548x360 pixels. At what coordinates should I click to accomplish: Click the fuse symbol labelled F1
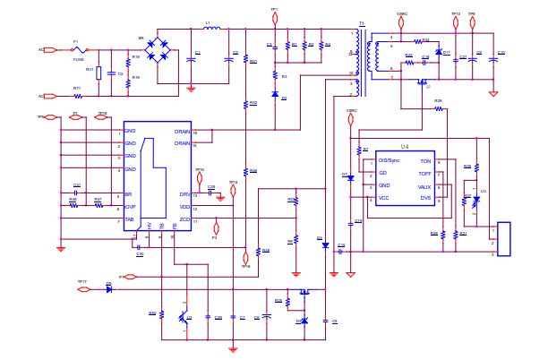click(78, 50)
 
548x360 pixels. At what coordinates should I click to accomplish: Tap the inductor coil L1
click(211, 29)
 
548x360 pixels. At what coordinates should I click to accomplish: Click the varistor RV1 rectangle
click(98, 73)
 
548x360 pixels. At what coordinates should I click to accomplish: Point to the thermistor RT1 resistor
click(77, 96)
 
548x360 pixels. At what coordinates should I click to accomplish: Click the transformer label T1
click(362, 24)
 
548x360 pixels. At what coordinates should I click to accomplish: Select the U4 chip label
click(405, 146)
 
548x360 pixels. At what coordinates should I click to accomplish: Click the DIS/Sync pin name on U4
click(389, 160)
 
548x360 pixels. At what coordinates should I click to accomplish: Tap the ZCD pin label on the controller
click(184, 219)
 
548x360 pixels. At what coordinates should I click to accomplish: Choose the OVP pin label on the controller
click(130, 207)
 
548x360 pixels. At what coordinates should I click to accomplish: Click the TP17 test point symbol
click(83, 289)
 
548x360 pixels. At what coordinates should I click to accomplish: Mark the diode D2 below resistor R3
click(275, 94)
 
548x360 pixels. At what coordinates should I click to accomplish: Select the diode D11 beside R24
click(438, 53)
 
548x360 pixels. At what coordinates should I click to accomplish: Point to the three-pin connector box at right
click(503, 239)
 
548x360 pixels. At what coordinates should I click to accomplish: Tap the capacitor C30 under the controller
click(139, 247)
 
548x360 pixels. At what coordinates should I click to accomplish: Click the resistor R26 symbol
click(438, 108)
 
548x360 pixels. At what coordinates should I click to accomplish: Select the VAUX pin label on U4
click(424, 186)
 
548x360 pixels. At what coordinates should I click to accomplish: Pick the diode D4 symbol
click(325, 245)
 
